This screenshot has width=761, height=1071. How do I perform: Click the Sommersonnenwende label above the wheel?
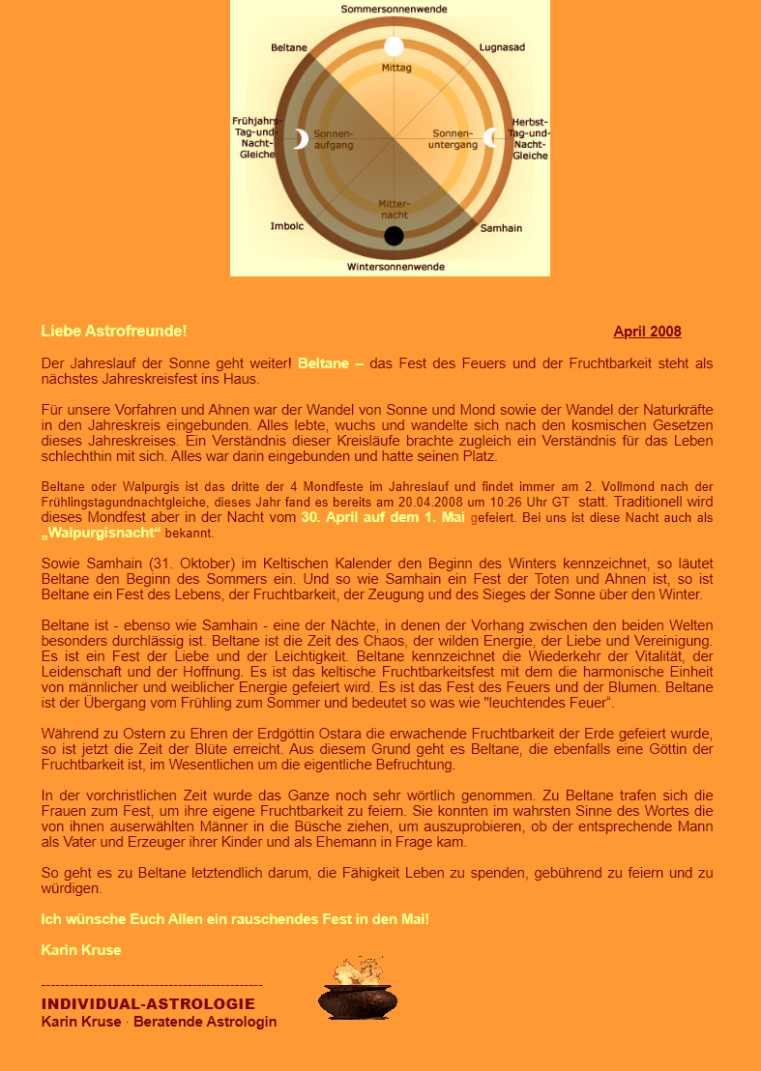[x=394, y=9]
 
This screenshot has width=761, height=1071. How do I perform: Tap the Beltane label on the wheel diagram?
[x=289, y=46]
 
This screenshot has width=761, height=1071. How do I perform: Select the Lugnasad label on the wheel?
[x=502, y=46]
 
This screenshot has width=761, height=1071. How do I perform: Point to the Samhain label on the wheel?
[x=501, y=228]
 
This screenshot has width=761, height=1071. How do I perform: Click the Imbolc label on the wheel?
[x=287, y=227]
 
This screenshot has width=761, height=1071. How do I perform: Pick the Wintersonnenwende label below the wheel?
[x=395, y=266]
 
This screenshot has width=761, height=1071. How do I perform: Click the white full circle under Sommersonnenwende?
[x=394, y=46]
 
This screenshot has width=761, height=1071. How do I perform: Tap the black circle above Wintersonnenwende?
[x=394, y=236]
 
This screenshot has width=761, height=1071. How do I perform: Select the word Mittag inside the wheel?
[x=396, y=69]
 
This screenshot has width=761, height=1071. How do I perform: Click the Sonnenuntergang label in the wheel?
[x=454, y=138]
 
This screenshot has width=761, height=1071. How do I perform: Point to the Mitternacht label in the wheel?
[x=394, y=209]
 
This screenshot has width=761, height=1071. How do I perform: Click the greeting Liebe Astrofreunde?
[x=114, y=332]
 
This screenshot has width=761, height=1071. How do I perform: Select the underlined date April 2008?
[x=647, y=332]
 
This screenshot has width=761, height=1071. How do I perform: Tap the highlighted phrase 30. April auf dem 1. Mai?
[x=383, y=517]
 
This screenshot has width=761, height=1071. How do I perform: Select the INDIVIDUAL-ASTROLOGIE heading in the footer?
[x=148, y=1004]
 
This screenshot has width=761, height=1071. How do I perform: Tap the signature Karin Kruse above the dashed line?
[x=81, y=950]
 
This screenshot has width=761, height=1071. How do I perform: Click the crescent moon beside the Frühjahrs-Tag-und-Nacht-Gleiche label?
[x=301, y=139]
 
